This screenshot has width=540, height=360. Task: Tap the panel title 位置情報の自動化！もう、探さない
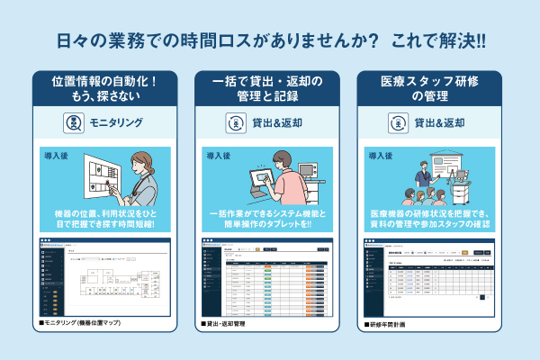tap(107, 89)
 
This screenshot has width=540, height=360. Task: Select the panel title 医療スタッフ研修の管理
tap(431, 89)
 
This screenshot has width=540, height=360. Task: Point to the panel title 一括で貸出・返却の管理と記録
tap(269, 89)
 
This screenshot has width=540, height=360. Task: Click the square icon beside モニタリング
tap(74, 123)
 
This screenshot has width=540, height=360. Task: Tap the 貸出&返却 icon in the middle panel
tap(236, 123)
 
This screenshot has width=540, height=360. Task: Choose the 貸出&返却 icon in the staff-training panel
tap(398, 123)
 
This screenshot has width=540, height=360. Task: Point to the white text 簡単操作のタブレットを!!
tap(269, 224)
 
